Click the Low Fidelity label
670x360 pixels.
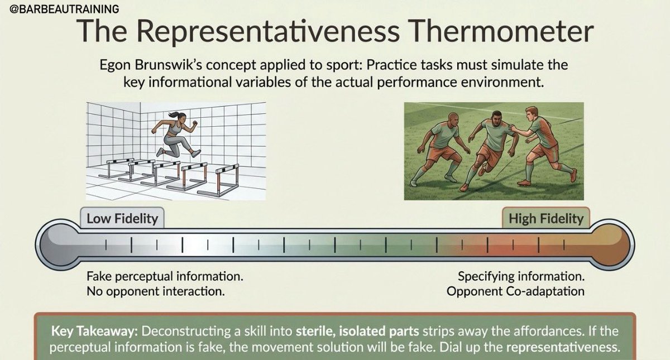point(122,218)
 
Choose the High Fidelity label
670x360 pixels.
point(545,218)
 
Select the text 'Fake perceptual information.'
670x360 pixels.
point(165,276)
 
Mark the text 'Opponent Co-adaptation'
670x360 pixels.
point(515,291)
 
